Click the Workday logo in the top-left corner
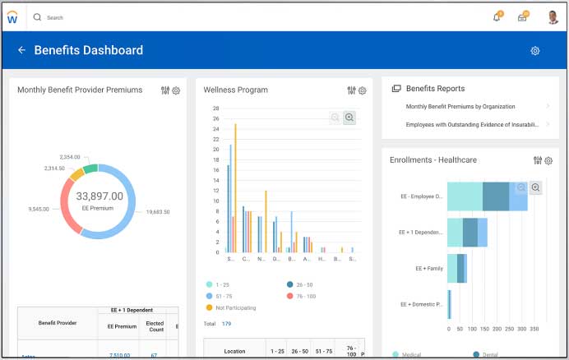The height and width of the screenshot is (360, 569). click(12, 17)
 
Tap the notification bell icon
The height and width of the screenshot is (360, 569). click(497, 17)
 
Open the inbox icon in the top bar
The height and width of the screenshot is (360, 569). click(522, 17)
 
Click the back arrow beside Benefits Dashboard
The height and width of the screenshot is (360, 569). click(21, 50)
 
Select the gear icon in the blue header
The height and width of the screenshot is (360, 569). click(535, 51)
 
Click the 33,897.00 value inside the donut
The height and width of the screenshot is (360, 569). click(99, 196)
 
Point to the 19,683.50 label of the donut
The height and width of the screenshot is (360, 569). click(154, 212)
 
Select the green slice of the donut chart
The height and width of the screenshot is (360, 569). click(90, 168)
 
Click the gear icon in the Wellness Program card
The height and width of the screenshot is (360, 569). click(363, 90)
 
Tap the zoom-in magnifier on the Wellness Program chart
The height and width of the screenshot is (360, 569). click(349, 118)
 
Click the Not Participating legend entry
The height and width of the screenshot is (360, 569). click(235, 307)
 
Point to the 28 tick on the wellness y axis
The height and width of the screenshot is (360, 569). click(215, 108)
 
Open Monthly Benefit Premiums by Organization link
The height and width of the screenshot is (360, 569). click(460, 106)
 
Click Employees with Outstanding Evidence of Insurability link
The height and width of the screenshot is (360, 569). click(472, 125)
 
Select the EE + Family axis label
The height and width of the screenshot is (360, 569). click(428, 268)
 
